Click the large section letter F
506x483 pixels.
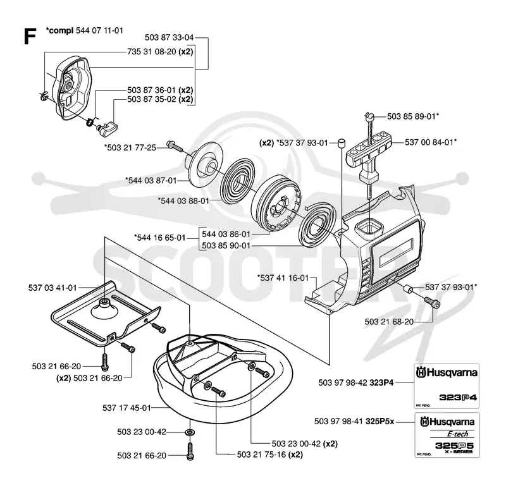30,36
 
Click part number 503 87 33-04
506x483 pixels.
169,37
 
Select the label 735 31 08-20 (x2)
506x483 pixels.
160,52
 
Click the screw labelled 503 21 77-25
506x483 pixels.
175,146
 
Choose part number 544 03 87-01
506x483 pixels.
151,180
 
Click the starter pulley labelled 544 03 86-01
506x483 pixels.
278,204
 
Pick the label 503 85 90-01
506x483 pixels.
226,245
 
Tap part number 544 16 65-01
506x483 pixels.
160,238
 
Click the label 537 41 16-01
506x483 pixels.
283,278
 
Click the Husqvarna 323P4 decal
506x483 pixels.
447,386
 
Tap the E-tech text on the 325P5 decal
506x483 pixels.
457,434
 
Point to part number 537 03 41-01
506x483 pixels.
52,288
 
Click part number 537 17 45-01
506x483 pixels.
127,408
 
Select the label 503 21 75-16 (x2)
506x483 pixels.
270,455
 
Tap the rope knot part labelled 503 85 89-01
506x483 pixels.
371,116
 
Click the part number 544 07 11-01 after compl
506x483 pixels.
99,30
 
